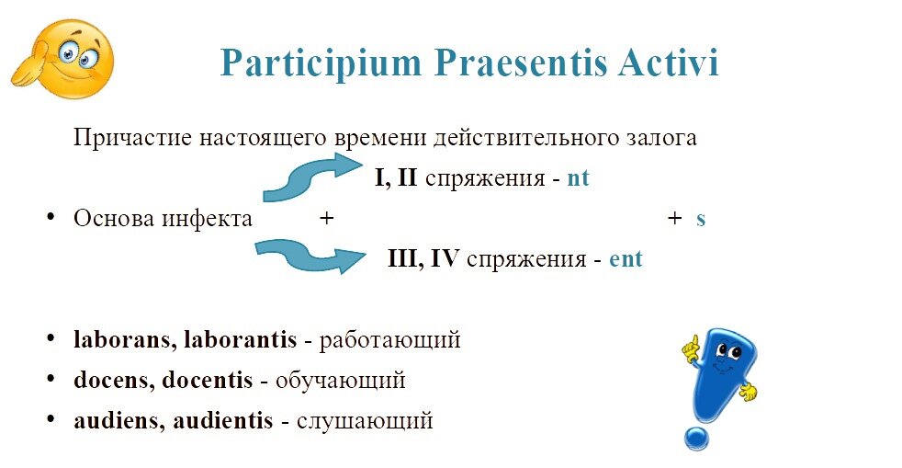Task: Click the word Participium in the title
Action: [x=321, y=63]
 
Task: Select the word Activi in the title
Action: [x=669, y=63]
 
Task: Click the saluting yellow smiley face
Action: [x=63, y=59]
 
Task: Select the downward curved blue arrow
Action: [x=310, y=256]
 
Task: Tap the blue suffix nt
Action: [x=578, y=178]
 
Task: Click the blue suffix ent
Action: [x=626, y=259]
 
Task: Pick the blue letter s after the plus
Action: [x=701, y=220]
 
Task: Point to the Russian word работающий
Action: [x=390, y=340]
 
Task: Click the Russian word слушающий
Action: [x=365, y=421]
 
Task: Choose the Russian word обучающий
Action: [x=341, y=381]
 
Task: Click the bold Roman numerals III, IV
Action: [x=423, y=258]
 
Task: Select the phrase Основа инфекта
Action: [x=163, y=219]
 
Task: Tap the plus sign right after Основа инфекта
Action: [x=326, y=218]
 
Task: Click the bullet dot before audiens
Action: [x=51, y=418]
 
